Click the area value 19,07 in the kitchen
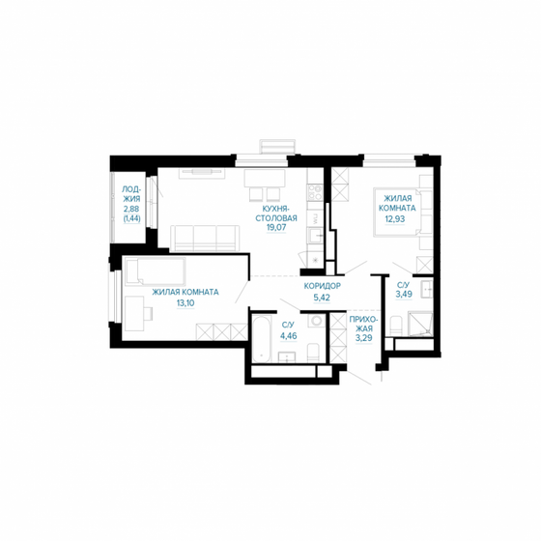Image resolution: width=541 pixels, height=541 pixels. (x=275, y=228)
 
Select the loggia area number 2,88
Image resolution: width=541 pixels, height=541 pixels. (x=131, y=209)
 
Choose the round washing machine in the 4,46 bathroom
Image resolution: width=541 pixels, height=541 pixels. (x=314, y=349)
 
